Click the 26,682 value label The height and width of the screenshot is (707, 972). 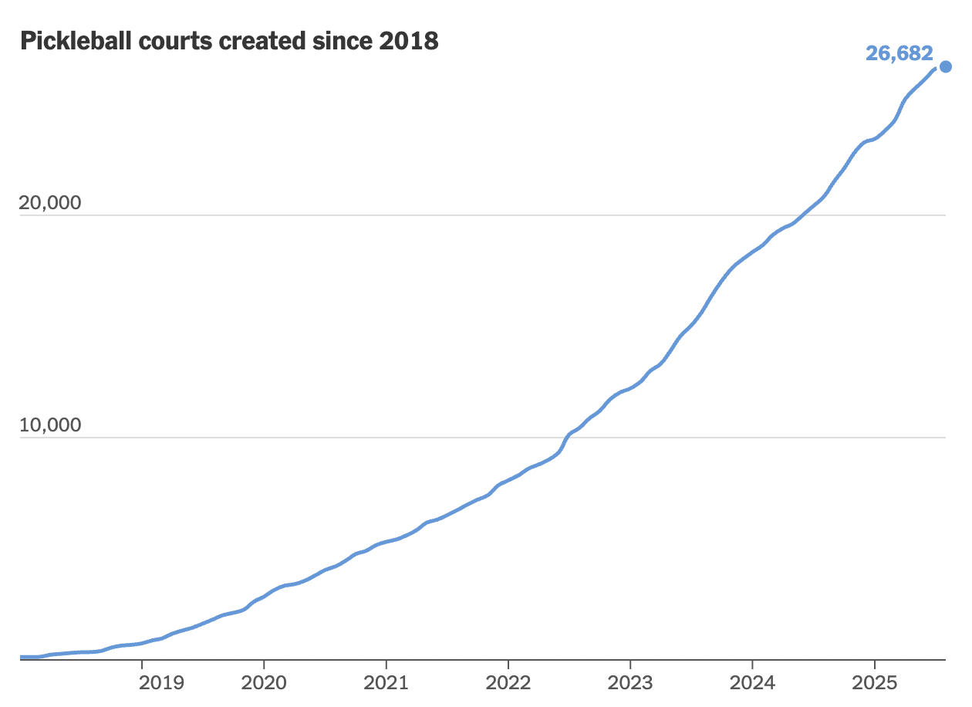[899, 54]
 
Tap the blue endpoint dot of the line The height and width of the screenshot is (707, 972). [946, 66]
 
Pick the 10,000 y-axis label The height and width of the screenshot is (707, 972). [49, 425]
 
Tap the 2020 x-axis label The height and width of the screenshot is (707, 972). [264, 683]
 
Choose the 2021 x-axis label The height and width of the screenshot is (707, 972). [386, 683]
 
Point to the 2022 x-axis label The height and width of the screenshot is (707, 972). [508, 683]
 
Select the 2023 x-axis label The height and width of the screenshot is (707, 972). [630, 683]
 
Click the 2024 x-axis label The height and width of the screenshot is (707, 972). [752, 683]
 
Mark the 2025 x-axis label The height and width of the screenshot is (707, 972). [874, 683]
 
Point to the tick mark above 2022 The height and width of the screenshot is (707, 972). [508, 665]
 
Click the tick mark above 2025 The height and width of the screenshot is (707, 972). [874, 665]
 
